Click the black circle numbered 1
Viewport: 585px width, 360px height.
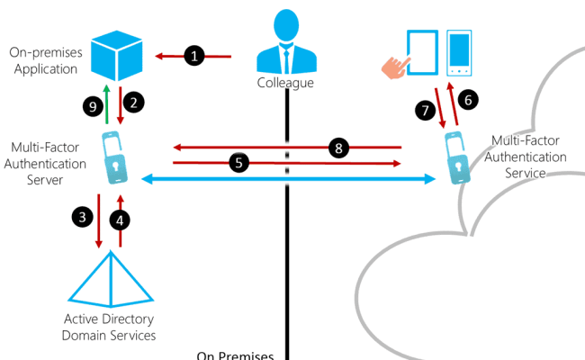coord(194,57)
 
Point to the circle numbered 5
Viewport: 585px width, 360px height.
coord(238,163)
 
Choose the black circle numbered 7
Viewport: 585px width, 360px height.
coord(425,111)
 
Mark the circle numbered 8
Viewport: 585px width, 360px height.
coord(339,148)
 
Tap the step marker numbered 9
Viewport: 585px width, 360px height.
coord(91,107)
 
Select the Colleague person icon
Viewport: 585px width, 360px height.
coord(287,45)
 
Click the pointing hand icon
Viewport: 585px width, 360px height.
coord(395,64)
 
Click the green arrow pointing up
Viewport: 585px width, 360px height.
coord(107,105)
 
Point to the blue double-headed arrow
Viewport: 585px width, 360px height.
coord(287,181)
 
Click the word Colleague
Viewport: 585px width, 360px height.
coord(287,83)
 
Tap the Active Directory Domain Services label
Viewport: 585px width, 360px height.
coord(110,328)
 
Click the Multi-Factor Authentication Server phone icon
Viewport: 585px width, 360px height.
coord(111,157)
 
